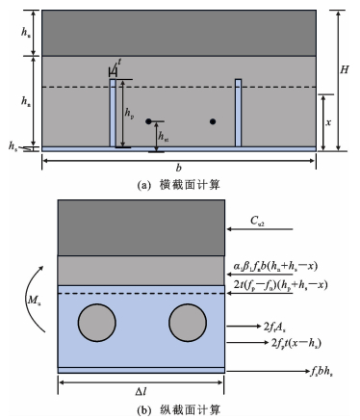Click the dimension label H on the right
[344, 69]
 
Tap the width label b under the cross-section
[179, 168]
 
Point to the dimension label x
[328, 122]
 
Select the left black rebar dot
[148, 121]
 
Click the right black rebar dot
[213, 121]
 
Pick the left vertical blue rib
[113, 113]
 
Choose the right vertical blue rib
[238, 113]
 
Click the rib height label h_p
[129, 114]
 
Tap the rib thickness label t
[119, 62]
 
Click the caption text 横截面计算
[190, 185]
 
